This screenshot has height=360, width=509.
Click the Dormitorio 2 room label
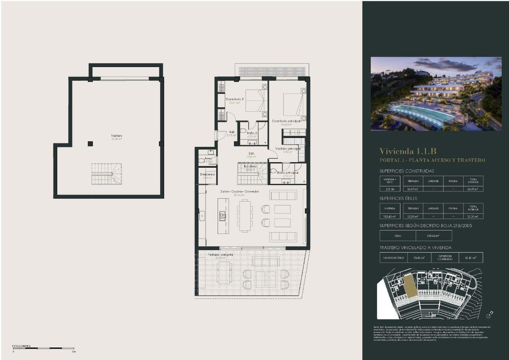pos(234,99)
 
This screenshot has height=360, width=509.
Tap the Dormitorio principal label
pos(290,121)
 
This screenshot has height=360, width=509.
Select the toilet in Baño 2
pos(243,130)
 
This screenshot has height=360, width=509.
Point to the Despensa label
pos(208,174)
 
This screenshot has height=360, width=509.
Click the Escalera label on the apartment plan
pos(250,166)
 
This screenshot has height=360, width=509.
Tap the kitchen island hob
pos(222,216)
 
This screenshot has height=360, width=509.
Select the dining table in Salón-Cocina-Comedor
pos(245,216)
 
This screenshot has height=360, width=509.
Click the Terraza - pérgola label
pos(220,254)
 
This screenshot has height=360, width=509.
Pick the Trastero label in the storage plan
pos(117,136)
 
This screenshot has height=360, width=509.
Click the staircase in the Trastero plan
pos(106,174)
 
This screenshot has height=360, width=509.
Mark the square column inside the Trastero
pos(90,143)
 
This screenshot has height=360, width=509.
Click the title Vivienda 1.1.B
pos(408,151)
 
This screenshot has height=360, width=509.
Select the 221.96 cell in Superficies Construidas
pos(390,189)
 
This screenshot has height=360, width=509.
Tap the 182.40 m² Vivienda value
pos(390,216)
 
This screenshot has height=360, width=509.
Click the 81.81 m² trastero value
pos(471,257)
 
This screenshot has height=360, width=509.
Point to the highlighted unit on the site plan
pos(410,285)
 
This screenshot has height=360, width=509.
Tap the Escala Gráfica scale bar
pos(44,348)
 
